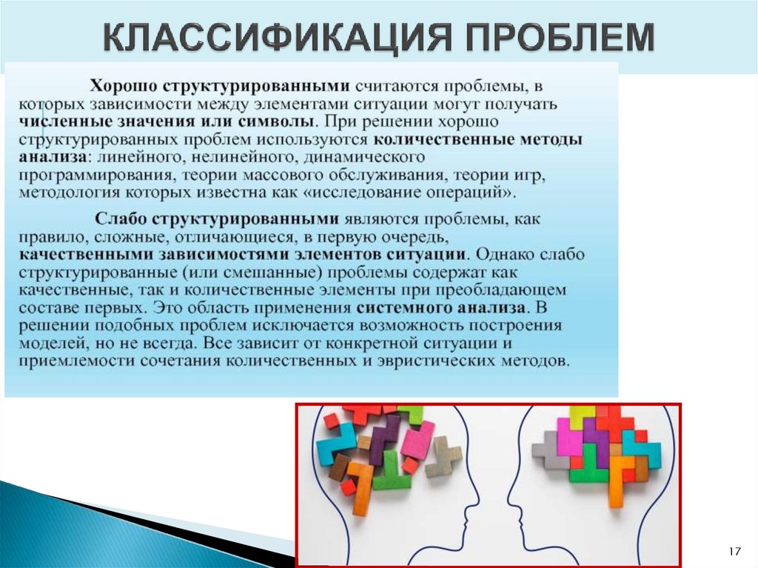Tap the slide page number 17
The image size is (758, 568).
click(x=734, y=551)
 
